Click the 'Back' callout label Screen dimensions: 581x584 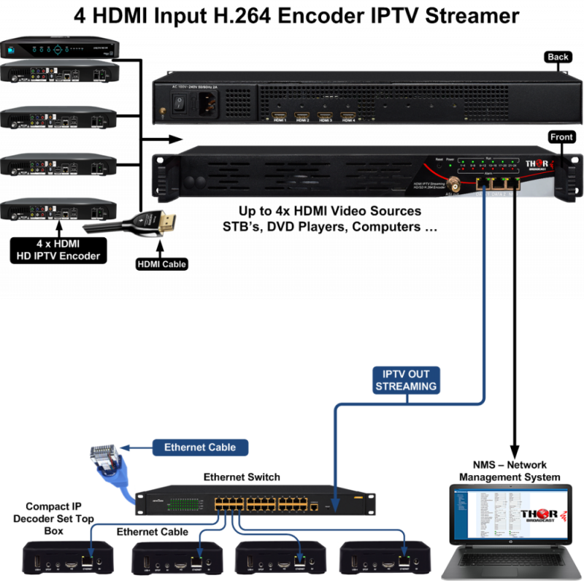pyautogui.click(x=558, y=57)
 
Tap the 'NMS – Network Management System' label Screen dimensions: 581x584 pyautogui.click(x=509, y=471)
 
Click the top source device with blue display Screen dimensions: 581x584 pyautogui.click(x=58, y=50)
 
